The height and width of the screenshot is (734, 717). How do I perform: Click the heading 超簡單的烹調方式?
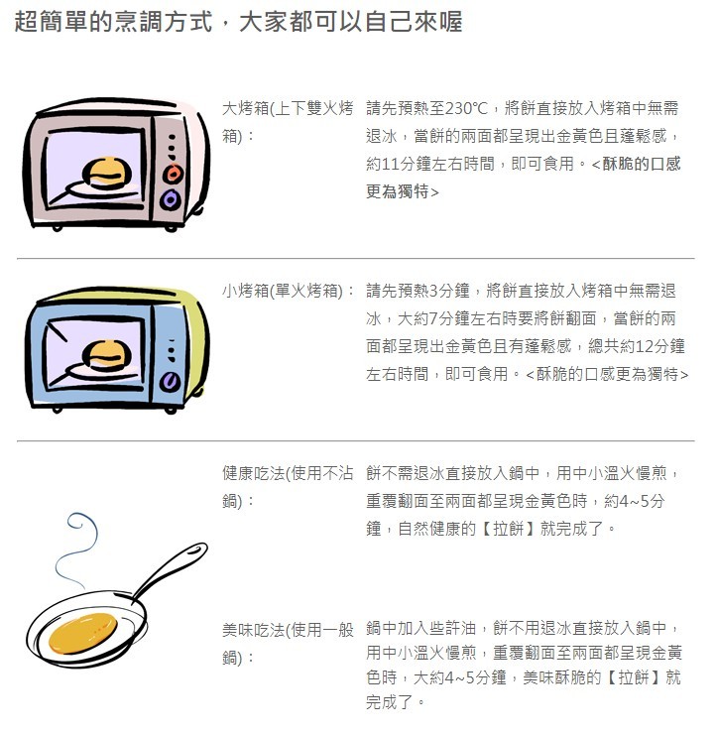[114, 22]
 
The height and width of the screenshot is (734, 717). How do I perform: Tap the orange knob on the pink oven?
[173, 174]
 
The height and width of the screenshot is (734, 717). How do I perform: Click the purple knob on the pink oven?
[170, 200]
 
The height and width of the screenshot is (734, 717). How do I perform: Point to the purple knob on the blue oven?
[170, 382]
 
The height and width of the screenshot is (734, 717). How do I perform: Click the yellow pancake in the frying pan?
[83, 633]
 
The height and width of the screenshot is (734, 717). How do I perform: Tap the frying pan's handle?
[170, 568]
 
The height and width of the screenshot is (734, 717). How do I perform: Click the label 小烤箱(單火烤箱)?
[286, 291]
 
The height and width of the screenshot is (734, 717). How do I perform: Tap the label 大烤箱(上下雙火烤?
[288, 108]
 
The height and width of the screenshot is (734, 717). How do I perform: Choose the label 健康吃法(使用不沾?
[288, 473]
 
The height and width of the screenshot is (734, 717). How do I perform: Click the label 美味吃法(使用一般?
[288, 630]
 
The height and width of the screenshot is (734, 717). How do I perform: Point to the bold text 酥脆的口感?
[642, 164]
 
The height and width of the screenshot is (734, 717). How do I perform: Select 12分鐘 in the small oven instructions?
[660, 346]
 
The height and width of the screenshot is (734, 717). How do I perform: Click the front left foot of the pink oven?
[57, 228]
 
